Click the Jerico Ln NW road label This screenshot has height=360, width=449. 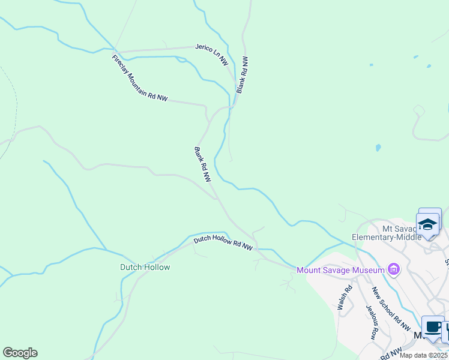[211, 54]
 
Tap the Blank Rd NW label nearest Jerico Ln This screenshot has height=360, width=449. [242, 75]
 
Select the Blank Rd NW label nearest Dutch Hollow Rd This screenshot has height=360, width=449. [202, 164]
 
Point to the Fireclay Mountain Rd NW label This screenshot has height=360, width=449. [139, 79]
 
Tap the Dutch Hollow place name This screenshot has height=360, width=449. [145, 267]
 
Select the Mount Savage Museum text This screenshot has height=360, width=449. [340, 270]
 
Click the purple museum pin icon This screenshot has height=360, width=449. [394, 270]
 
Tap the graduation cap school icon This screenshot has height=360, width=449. [429, 224]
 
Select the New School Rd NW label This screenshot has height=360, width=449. [391, 310]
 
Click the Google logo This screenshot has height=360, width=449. [20, 353]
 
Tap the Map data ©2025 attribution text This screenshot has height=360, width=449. [423, 355]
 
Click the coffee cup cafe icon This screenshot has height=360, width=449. [432, 328]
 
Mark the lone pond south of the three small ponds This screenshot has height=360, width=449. [378, 147]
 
